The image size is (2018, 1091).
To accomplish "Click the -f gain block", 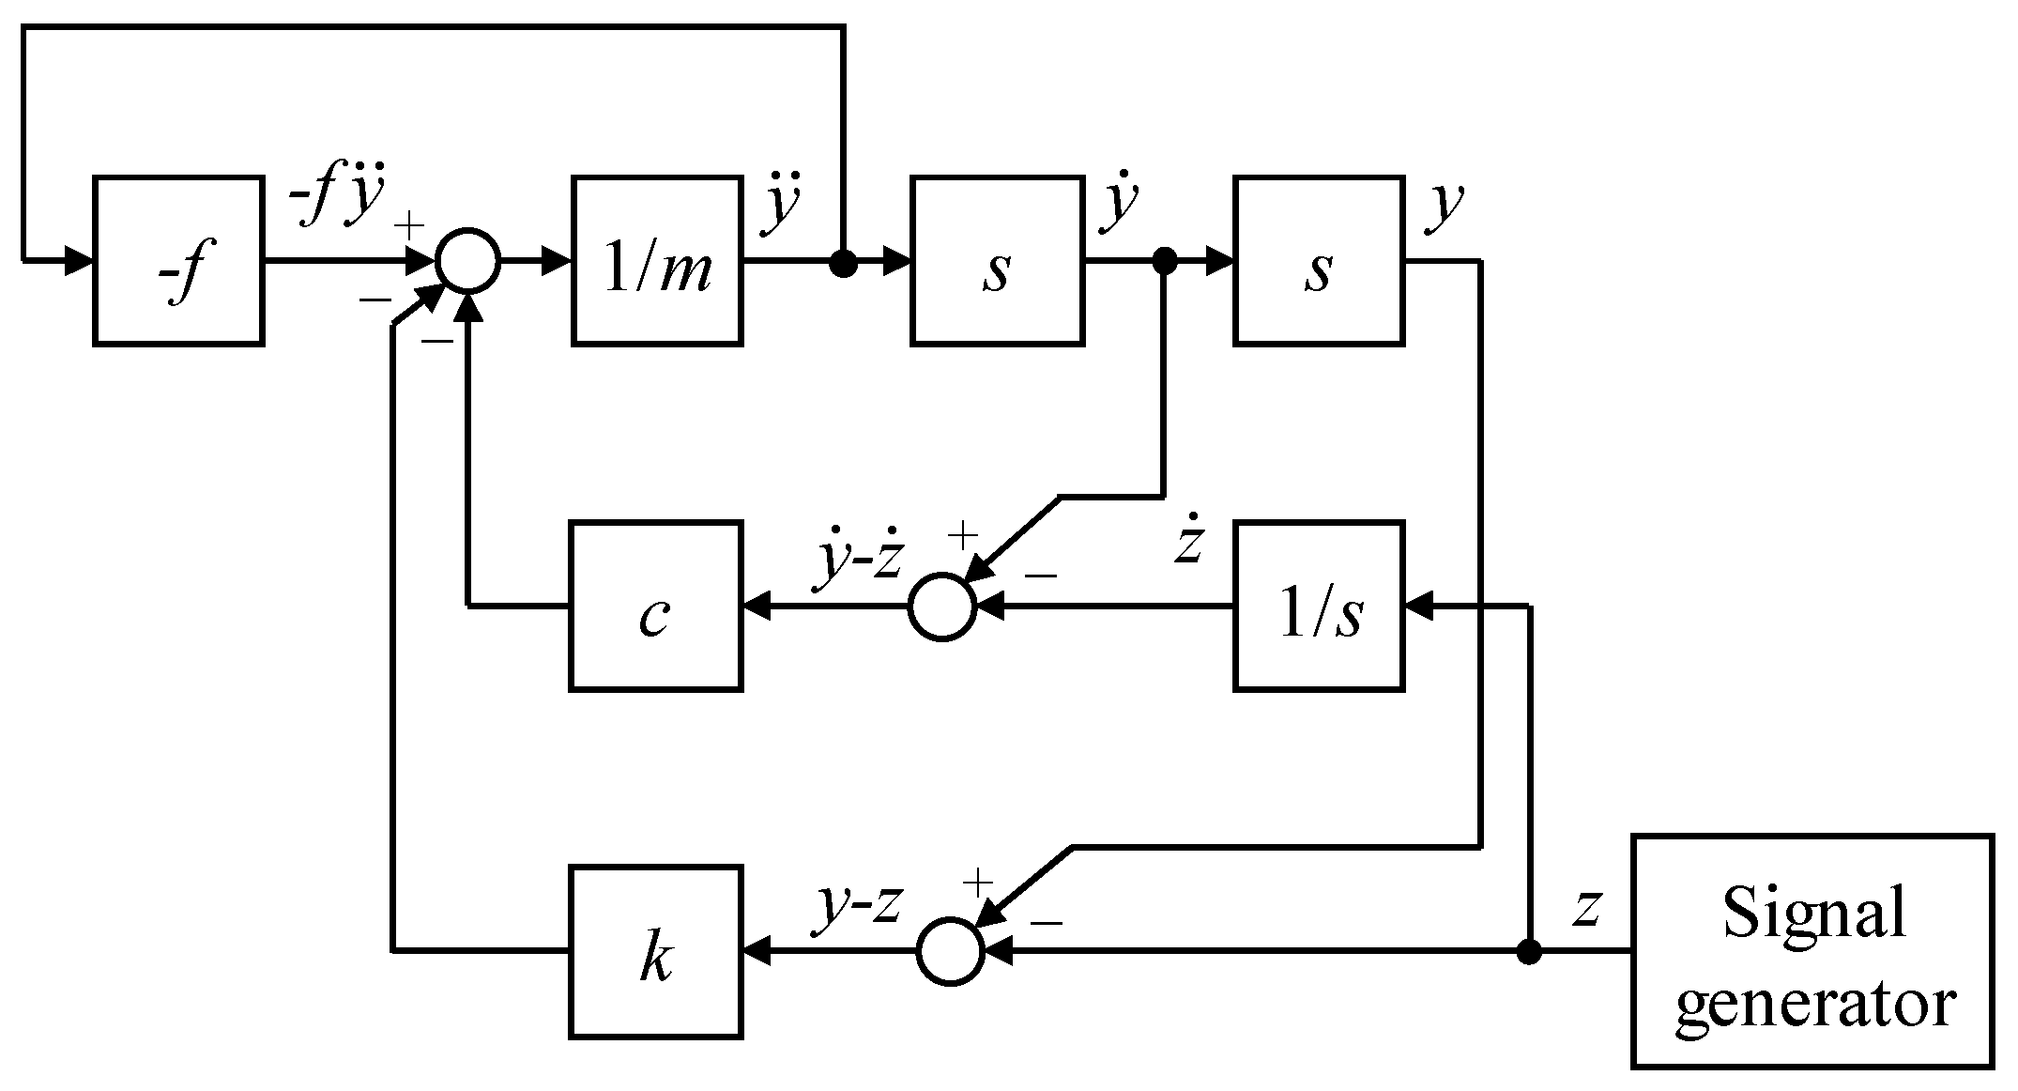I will click(x=178, y=260).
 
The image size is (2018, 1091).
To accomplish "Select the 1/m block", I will click(x=657, y=260).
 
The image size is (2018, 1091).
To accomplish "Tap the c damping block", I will click(x=655, y=607).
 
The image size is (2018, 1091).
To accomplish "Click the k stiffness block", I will click(x=655, y=951).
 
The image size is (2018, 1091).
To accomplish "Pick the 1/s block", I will click(x=1319, y=607).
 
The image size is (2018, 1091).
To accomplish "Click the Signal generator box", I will click(x=1812, y=951).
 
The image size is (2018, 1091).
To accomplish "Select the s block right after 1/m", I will click(x=997, y=260).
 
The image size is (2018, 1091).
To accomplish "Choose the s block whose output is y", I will click(x=1319, y=260).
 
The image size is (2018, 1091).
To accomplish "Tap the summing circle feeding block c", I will click(x=942, y=607).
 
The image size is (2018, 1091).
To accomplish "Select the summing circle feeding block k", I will click(x=950, y=951).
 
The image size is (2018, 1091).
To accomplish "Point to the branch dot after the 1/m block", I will click(x=844, y=265).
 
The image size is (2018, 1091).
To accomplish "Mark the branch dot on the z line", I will click(x=1529, y=952).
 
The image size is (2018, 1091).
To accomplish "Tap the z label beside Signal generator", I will click(x=1585, y=908).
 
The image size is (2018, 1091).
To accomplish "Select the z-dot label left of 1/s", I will click(x=1188, y=542).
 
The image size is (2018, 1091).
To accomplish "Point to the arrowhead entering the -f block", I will click(x=79, y=260).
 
